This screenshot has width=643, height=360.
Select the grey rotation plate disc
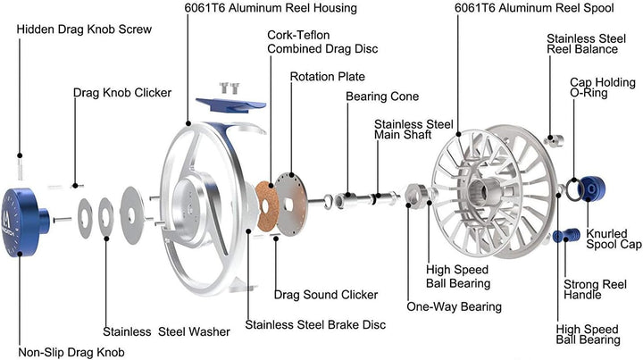coord(299,201)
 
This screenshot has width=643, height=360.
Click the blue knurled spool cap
coord(592,190)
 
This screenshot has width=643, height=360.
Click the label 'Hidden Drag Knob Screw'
coord(84,29)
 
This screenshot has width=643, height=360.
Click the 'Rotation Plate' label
coord(328,77)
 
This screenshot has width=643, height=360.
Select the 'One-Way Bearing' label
coord(455,306)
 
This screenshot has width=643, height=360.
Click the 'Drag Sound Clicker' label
coord(326,294)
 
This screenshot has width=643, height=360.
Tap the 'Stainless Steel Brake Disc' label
coord(315,324)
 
